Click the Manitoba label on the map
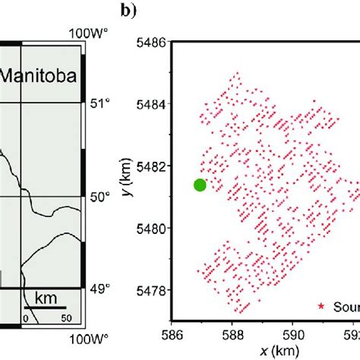coord(38,77)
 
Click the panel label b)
coord(128,11)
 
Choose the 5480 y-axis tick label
coord(150,227)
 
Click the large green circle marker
coord(200,185)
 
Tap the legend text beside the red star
coord(344,307)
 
